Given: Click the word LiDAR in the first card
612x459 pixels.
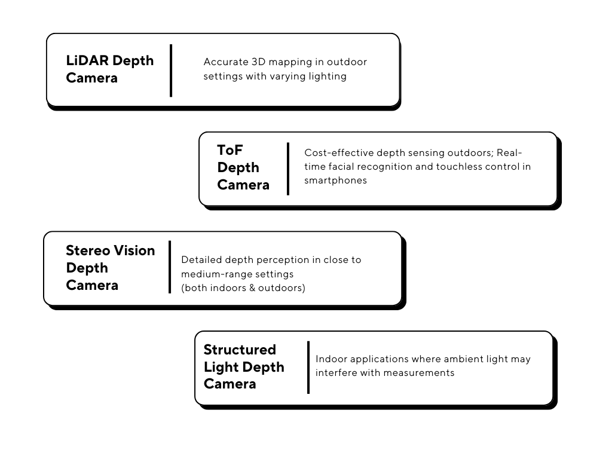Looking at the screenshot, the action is pyautogui.click(x=87, y=60).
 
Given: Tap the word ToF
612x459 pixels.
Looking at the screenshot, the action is pyautogui.click(x=230, y=150).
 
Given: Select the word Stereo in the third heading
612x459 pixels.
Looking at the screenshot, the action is pyautogui.click(x=88, y=250).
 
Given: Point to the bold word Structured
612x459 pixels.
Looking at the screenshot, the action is pyautogui.click(x=240, y=349).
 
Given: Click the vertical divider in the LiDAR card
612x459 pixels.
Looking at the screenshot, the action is pyautogui.click(x=171, y=71).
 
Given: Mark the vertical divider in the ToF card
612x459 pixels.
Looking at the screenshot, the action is pyautogui.click(x=288, y=169).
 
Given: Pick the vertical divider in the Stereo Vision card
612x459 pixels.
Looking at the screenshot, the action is pyautogui.click(x=170, y=267).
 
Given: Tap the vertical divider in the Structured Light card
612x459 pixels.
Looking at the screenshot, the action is pyautogui.click(x=308, y=368).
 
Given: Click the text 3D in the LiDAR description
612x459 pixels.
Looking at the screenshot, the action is pyautogui.click(x=258, y=62).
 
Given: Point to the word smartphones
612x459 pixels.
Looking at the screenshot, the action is pyautogui.click(x=336, y=180).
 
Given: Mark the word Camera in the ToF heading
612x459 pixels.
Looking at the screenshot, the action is pyautogui.click(x=243, y=185).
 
